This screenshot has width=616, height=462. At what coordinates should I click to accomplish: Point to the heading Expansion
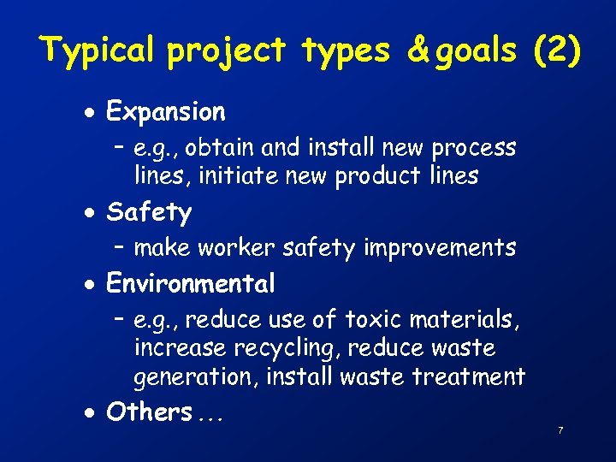click(x=165, y=112)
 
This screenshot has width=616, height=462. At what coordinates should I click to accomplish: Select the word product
click(x=376, y=176)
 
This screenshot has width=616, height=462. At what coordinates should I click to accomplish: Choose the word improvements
click(x=440, y=248)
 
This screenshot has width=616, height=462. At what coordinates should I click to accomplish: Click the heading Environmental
click(x=190, y=283)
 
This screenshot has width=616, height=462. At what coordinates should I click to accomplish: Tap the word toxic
click(x=373, y=320)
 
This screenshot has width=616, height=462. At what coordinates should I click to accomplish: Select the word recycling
click(x=261, y=349)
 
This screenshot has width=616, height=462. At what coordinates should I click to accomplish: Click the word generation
click(x=196, y=377)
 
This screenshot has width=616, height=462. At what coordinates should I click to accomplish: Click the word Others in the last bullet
click(x=149, y=412)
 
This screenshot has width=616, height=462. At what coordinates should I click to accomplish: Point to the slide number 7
click(x=560, y=430)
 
